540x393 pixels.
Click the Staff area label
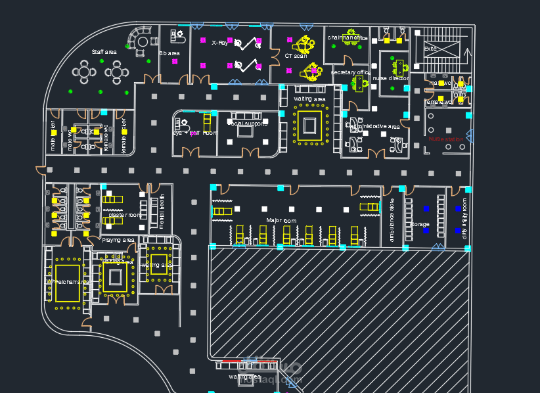tap(104, 52)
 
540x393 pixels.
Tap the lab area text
tap(170, 53)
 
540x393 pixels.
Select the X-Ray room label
tap(219, 43)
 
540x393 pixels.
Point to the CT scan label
tap(296, 56)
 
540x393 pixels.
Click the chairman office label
tap(348, 38)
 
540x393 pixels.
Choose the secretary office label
tap(351, 72)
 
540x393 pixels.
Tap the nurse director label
tap(390, 78)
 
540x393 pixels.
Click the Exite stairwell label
tap(430, 49)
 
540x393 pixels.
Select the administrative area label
tap(374, 126)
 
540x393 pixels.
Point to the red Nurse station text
tap(446, 139)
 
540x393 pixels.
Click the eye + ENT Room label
tap(195, 133)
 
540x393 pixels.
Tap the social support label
tap(248, 124)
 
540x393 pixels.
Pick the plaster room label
tap(124, 215)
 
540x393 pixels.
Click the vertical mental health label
tap(162, 211)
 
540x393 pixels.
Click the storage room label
tap(419, 224)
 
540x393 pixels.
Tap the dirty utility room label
tap(464, 218)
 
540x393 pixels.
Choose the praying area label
tap(118, 240)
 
